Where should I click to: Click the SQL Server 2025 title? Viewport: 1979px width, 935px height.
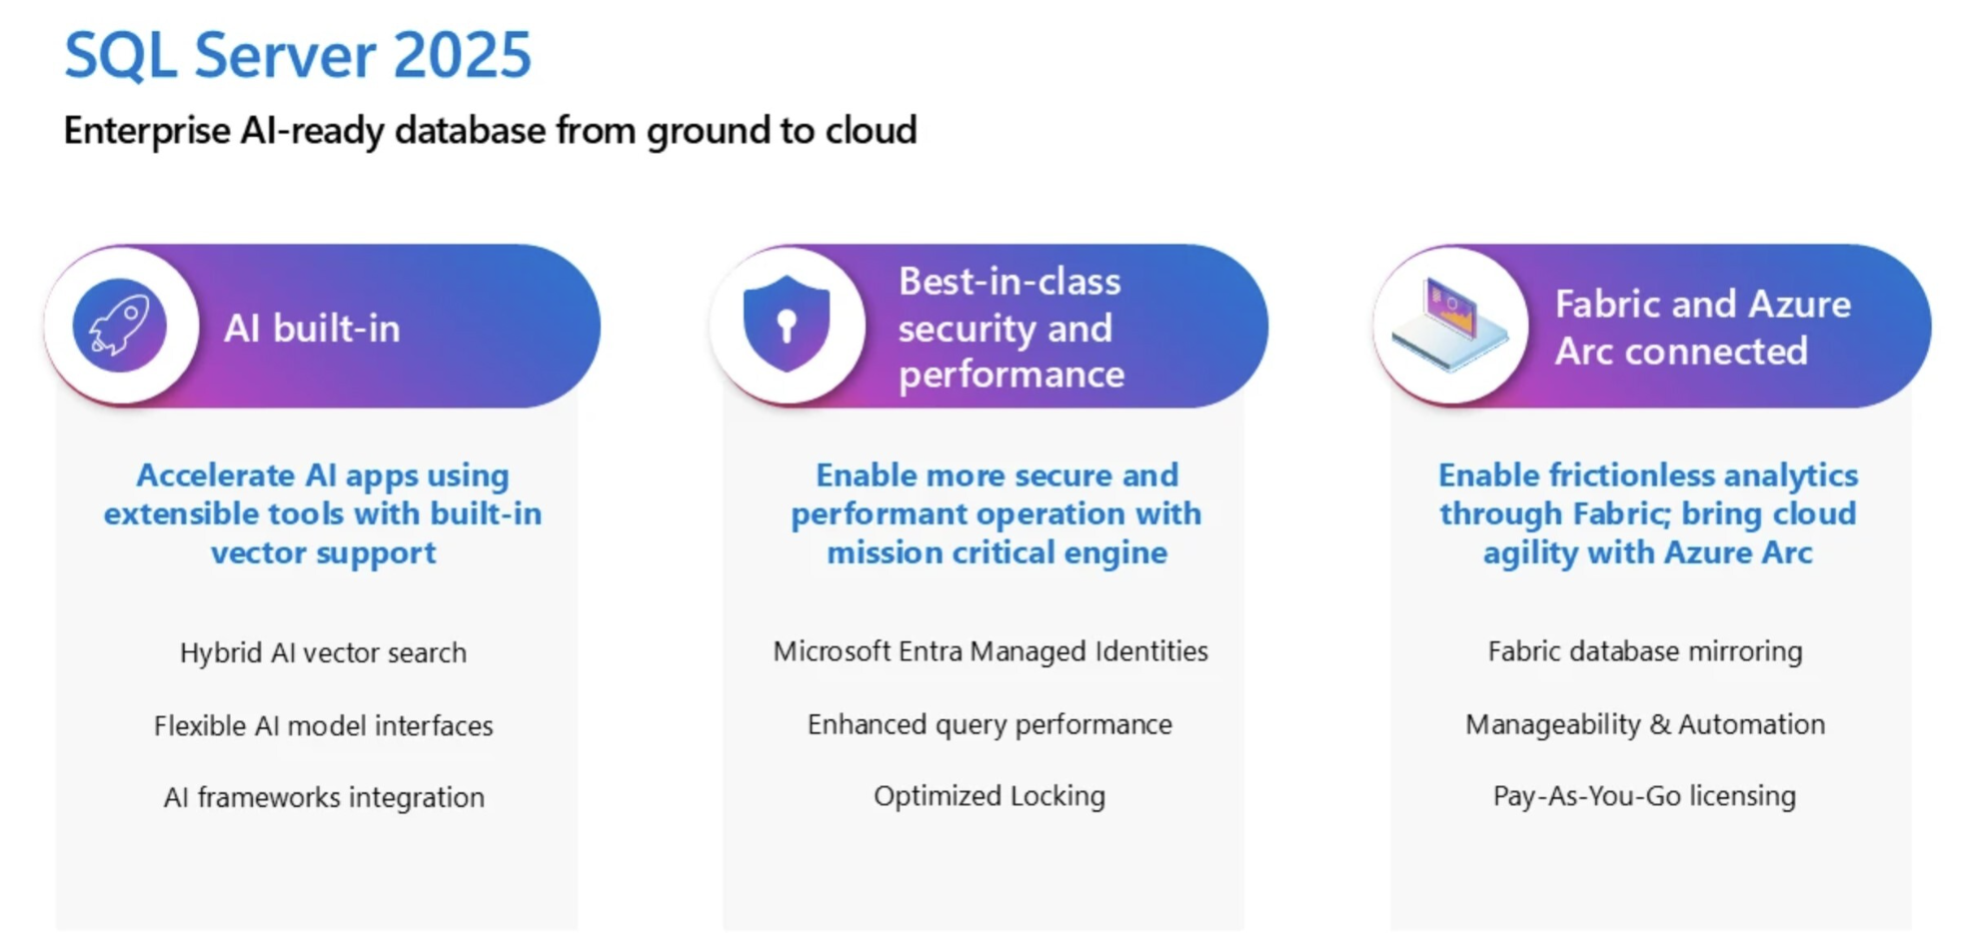click(x=298, y=56)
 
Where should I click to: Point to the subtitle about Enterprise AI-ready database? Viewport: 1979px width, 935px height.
click(x=490, y=131)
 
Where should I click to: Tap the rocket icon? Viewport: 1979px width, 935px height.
click(x=120, y=326)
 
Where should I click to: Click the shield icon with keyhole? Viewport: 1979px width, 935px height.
click(x=787, y=324)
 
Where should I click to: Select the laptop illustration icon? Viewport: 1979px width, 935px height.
click(x=1451, y=326)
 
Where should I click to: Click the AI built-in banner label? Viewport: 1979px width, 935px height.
click(x=312, y=329)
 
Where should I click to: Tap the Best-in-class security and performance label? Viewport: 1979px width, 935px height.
click(x=1011, y=328)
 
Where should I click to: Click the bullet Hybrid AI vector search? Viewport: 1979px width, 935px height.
click(x=323, y=652)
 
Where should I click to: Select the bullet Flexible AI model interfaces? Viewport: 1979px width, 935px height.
click(x=323, y=725)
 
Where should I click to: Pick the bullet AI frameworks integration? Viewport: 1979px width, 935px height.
click(x=324, y=797)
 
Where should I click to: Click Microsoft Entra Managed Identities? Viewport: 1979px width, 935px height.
click(x=990, y=651)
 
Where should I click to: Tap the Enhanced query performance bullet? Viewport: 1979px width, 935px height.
click(x=989, y=724)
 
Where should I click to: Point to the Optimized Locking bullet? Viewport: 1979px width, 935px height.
click(x=989, y=796)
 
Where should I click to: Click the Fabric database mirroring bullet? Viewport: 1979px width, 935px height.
click(x=1645, y=651)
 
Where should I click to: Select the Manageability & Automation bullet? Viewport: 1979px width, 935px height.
click(x=1645, y=724)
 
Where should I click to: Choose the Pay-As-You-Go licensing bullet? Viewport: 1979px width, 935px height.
click(x=1644, y=796)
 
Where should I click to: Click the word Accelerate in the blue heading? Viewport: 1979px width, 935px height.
click(x=216, y=475)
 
